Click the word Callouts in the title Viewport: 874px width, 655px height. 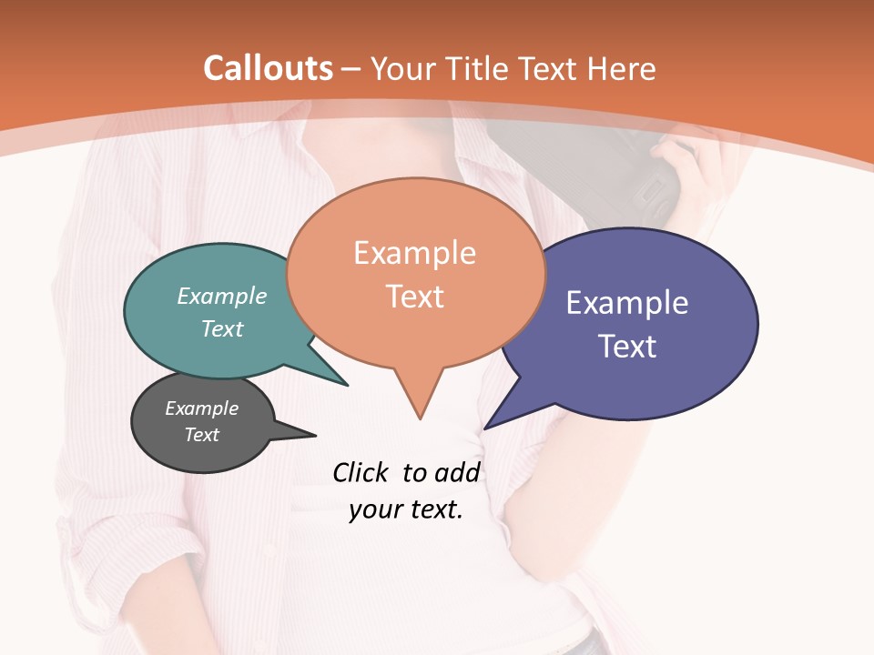coord(268,68)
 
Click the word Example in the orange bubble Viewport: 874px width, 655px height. coord(414,253)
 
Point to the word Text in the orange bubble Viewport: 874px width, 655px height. coord(415,297)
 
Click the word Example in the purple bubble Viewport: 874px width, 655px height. coord(627,303)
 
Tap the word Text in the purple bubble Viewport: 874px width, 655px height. coord(627,347)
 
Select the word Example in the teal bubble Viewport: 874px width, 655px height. coord(222,296)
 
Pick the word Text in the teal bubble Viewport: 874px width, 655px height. coord(222,328)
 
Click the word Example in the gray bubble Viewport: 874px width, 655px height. coord(201,408)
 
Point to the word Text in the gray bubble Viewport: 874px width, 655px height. coord(201,435)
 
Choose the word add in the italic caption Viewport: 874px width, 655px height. coord(456,472)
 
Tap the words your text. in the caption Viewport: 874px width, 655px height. coord(406,509)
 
